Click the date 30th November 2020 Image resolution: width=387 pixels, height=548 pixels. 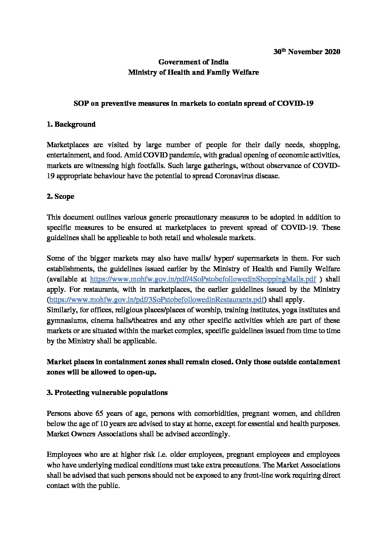click(x=307, y=52)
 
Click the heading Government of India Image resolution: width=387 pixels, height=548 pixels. click(x=193, y=62)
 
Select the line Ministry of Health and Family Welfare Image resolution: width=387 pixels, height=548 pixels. click(x=193, y=72)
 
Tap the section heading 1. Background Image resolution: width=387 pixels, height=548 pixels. click(x=71, y=124)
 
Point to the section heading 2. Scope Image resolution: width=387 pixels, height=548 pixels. click(x=61, y=196)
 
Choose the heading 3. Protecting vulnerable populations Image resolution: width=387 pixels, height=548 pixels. click(x=107, y=392)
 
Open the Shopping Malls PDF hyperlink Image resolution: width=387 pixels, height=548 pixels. click(x=203, y=279)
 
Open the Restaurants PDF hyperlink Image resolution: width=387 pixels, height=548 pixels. click(x=156, y=300)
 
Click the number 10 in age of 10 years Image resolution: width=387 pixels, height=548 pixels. click(x=119, y=424)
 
